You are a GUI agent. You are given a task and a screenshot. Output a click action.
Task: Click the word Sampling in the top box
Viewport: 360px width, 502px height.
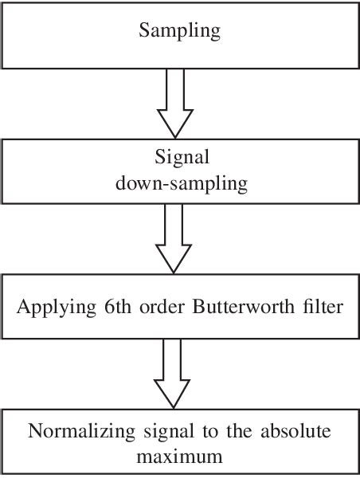pyautogui.click(x=179, y=32)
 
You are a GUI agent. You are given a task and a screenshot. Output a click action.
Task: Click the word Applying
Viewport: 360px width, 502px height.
pyautogui.click(x=52, y=306)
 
